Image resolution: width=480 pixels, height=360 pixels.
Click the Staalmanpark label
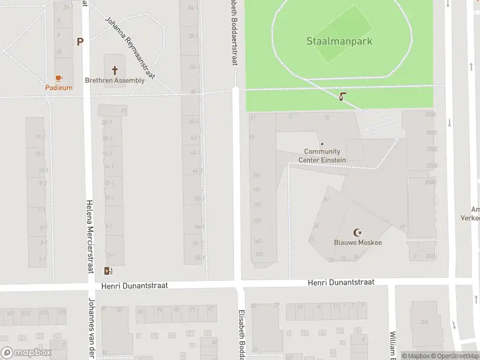(x=338, y=41)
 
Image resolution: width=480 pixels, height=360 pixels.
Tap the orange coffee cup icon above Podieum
(x=59, y=78)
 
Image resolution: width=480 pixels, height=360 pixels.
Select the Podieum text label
(x=59, y=88)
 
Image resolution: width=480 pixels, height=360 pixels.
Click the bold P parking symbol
(x=79, y=41)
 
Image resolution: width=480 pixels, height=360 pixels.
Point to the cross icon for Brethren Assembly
(x=115, y=70)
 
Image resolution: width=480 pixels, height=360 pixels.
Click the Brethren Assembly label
(x=115, y=80)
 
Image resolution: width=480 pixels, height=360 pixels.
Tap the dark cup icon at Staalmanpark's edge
(x=342, y=96)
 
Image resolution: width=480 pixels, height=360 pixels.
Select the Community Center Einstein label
(x=322, y=156)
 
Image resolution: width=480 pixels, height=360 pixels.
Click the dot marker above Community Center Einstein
(x=322, y=143)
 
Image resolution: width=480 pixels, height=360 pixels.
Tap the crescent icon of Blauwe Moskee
(x=358, y=232)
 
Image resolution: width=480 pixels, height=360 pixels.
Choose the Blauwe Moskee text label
(x=358, y=242)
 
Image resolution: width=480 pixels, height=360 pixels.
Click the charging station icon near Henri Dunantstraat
(x=108, y=271)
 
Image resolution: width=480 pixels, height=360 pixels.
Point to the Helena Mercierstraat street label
(x=90, y=236)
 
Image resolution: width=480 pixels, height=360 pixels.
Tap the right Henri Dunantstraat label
(x=341, y=281)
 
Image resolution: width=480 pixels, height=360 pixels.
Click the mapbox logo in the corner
(x=26, y=353)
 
